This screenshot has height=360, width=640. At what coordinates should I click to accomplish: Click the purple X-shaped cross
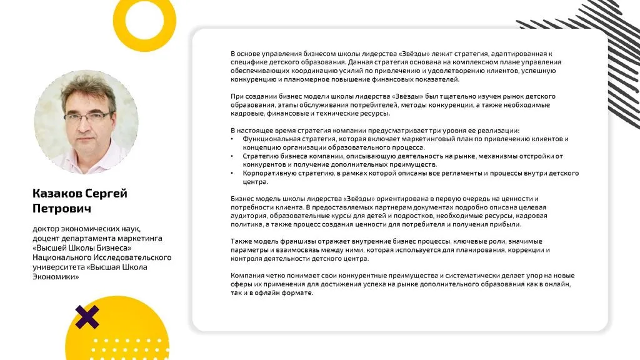[x=87, y=317]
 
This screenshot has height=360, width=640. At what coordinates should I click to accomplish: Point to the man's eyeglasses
[x=88, y=117]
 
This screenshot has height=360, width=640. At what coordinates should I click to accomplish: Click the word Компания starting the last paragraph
[x=247, y=276]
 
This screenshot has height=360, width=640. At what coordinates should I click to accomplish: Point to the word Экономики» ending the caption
[x=56, y=276]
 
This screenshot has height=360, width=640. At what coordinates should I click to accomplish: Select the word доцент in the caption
[x=47, y=238]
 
